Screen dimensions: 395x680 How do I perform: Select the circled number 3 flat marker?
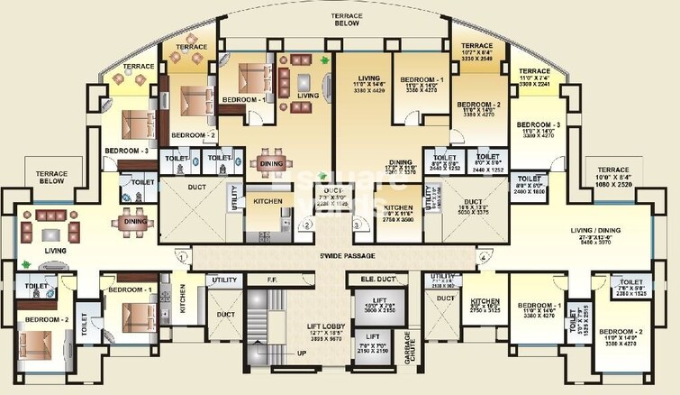tap(357, 225)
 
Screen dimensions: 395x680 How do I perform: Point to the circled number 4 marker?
tap(483, 257)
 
